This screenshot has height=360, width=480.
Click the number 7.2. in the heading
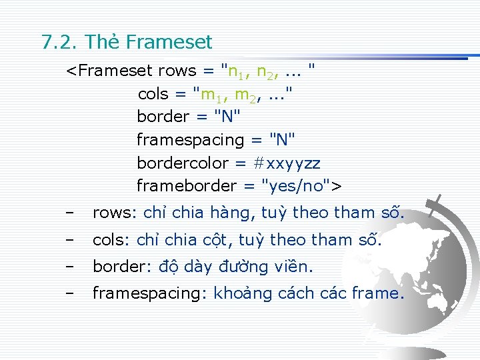tap(61, 43)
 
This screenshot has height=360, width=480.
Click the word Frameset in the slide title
tap(168, 43)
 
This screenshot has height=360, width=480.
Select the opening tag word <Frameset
tap(109, 71)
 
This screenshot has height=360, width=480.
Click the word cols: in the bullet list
tap(113, 240)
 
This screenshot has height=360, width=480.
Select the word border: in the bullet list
tap(123, 267)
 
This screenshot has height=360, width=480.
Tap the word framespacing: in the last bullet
tap(150, 293)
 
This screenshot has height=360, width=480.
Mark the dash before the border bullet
tap(70, 267)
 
